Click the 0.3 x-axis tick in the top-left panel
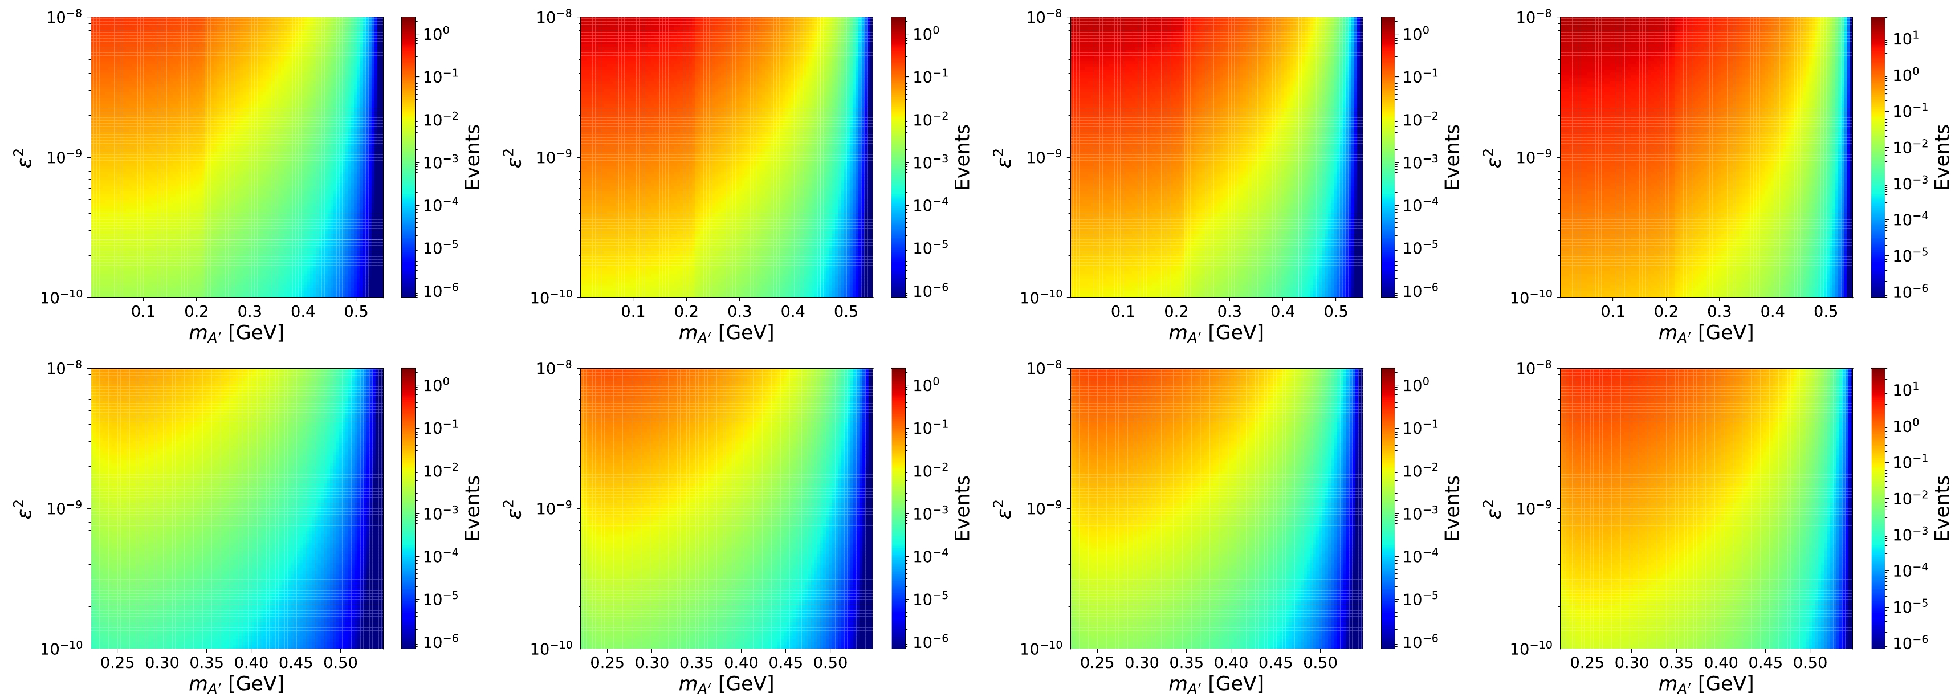[x=250, y=312]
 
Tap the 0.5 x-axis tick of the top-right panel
[x=1826, y=312]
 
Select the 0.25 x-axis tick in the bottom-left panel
[x=117, y=663]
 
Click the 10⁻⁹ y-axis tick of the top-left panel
[x=66, y=158]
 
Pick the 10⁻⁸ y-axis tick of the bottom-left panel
[x=66, y=369]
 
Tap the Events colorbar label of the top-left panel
[x=473, y=157]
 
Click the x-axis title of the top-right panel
[x=1706, y=333]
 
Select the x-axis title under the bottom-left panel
[x=237, y=684]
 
